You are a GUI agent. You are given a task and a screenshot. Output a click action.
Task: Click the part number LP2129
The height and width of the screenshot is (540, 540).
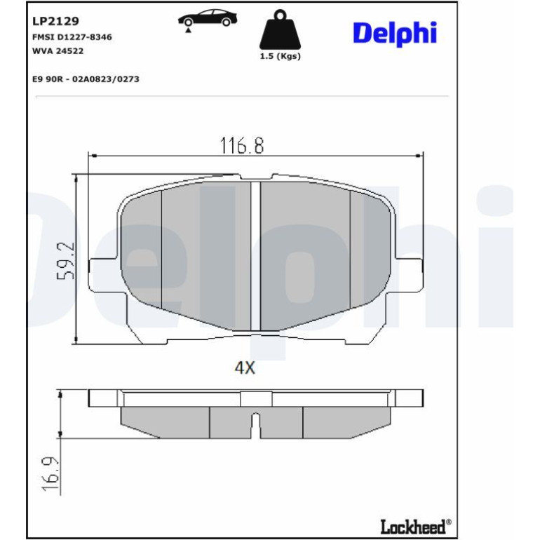point(56,21)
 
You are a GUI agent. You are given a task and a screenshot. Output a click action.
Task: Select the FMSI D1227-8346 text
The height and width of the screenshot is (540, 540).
point(72,37)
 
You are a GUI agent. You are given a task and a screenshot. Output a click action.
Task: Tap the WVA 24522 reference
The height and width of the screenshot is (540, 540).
point(58,51)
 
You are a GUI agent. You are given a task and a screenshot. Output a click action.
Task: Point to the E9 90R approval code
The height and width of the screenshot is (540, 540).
point(86,79)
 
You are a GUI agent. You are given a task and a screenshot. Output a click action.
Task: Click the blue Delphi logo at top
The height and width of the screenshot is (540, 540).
point(395,34)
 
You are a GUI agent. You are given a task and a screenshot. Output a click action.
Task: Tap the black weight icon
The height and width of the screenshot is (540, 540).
point(280,30)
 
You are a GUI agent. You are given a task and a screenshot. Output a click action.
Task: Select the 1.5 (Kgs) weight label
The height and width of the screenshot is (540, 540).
point(280,56)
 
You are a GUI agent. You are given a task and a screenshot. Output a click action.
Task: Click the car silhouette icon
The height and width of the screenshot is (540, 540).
point(208,18)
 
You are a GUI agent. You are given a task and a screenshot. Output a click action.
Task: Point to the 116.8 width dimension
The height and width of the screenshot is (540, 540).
point(242,145)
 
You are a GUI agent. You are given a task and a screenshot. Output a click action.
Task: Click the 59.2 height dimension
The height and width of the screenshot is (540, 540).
point(65,260)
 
